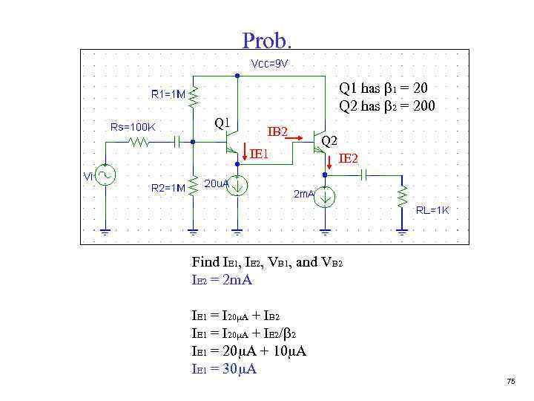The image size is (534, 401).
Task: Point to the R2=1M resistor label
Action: click(168, 188)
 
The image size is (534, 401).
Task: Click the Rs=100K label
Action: click(133, 126)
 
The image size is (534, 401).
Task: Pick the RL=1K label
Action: click(432, 210)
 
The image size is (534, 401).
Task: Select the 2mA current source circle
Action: click(326, 197)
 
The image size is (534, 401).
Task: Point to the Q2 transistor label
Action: click(329, 140)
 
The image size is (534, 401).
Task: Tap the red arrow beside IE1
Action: click(245, 153)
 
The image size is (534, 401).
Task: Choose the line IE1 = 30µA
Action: click(224, 369)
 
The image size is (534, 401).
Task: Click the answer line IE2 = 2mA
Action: click(222, 280)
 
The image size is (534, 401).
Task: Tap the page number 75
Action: click(510, 381)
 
